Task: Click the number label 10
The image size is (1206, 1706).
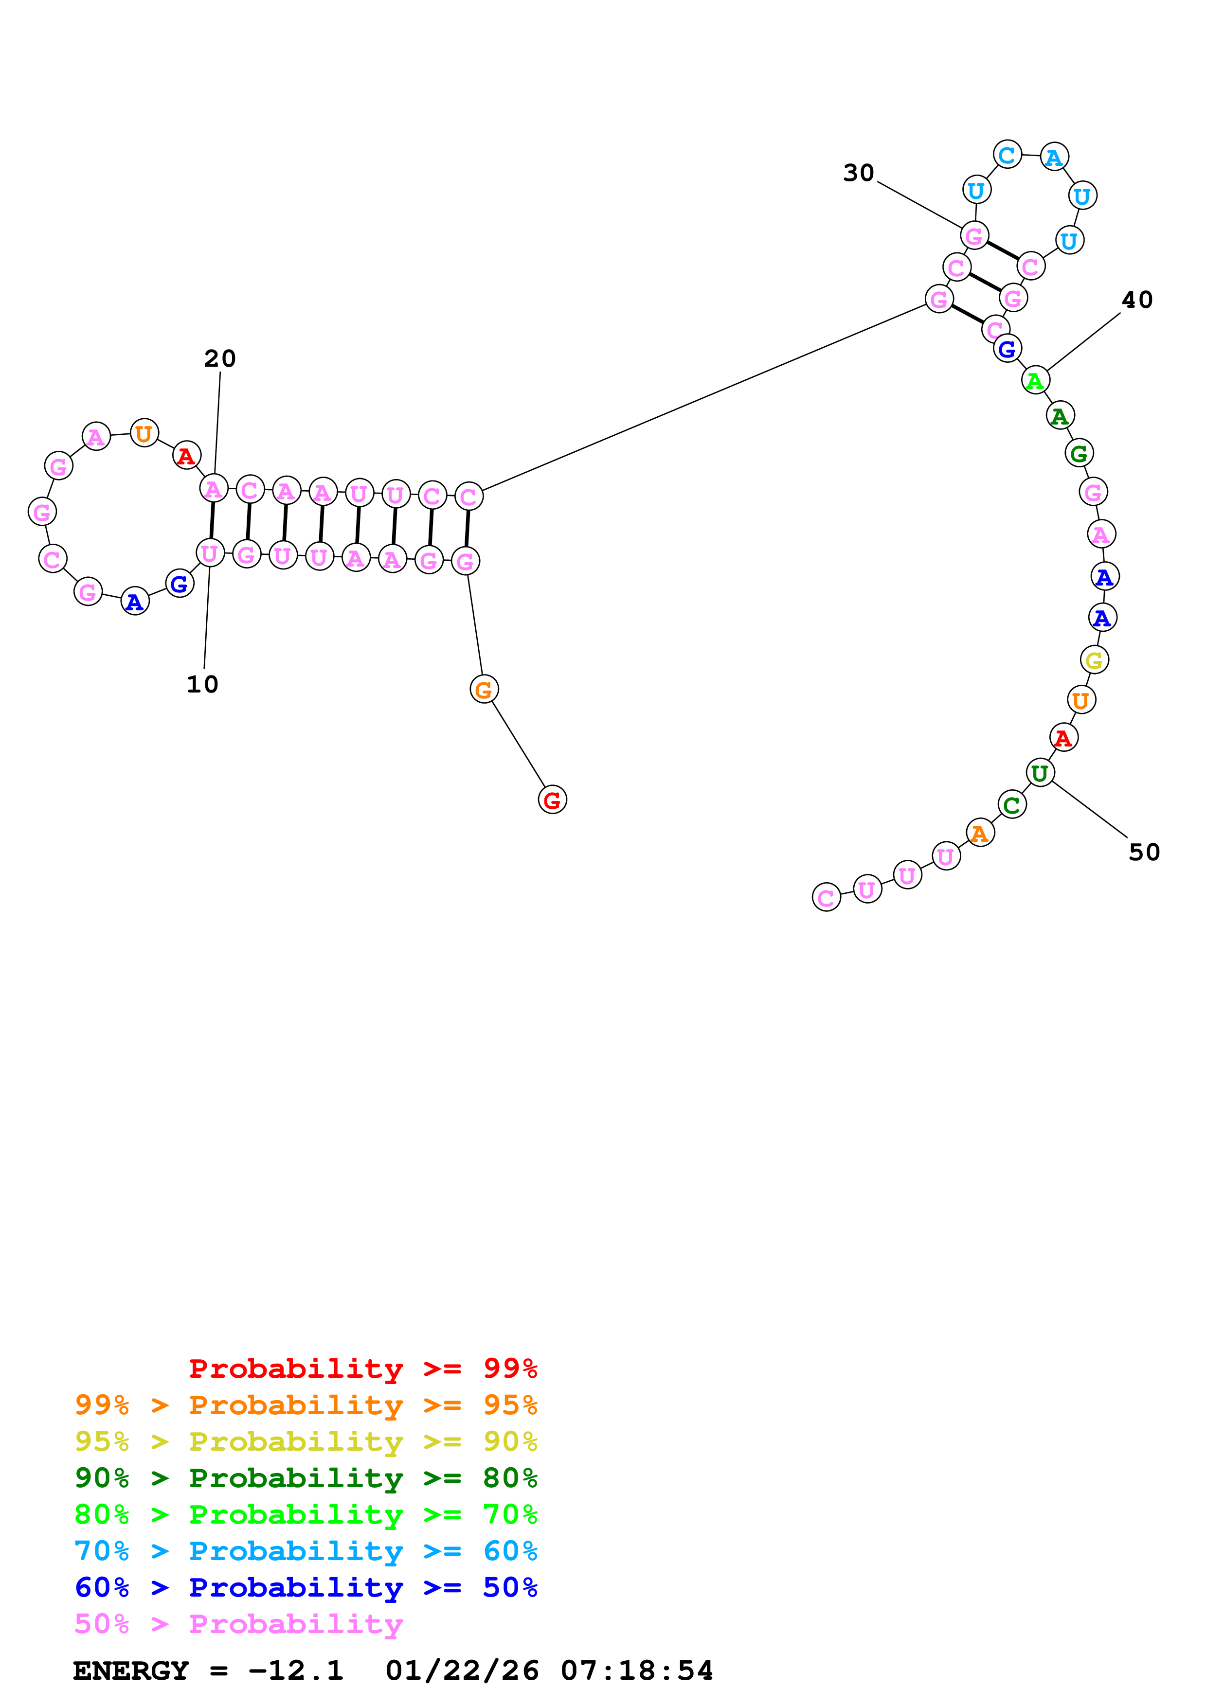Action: [202, 684]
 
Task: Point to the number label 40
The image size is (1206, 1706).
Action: [1137, 300]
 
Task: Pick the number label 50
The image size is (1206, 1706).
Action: [1144, 852]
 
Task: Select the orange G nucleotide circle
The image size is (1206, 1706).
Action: [484, 690]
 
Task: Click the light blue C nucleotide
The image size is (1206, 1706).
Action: [1007, 155]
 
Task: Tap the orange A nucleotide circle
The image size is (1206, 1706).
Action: [980, 833]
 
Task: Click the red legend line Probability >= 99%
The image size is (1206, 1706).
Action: [362, 1368]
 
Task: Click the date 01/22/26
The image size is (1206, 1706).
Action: [462, 1670]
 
